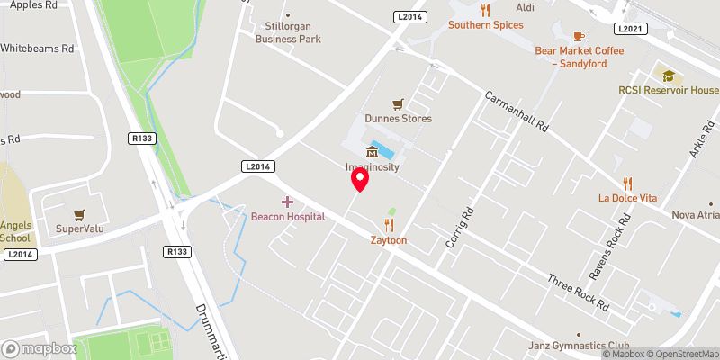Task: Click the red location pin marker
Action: click(x=360, y=179)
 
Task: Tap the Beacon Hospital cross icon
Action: click(x=287, y=202)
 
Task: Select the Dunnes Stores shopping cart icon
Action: click(x=398, y=104)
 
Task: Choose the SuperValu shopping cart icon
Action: click(x=80, y=215)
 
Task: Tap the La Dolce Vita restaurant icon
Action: click(x=629, y=183)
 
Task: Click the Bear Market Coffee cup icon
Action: click(x=579, y=35)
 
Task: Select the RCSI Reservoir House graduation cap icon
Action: click(x=667, y=75)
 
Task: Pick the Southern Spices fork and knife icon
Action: click(x=485, y=10)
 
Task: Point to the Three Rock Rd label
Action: click(x=579, y=292)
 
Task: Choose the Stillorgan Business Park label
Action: click(x=287, y=32)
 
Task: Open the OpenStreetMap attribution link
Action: click(x=681, y=353)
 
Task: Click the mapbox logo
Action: click(x=39, y=348)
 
